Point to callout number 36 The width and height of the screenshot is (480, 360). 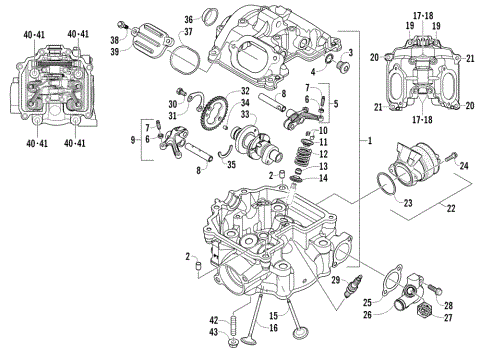tap(187, 18)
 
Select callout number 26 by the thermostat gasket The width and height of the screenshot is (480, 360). tap(367, 314)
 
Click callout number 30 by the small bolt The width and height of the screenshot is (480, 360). tap(172, 103)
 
